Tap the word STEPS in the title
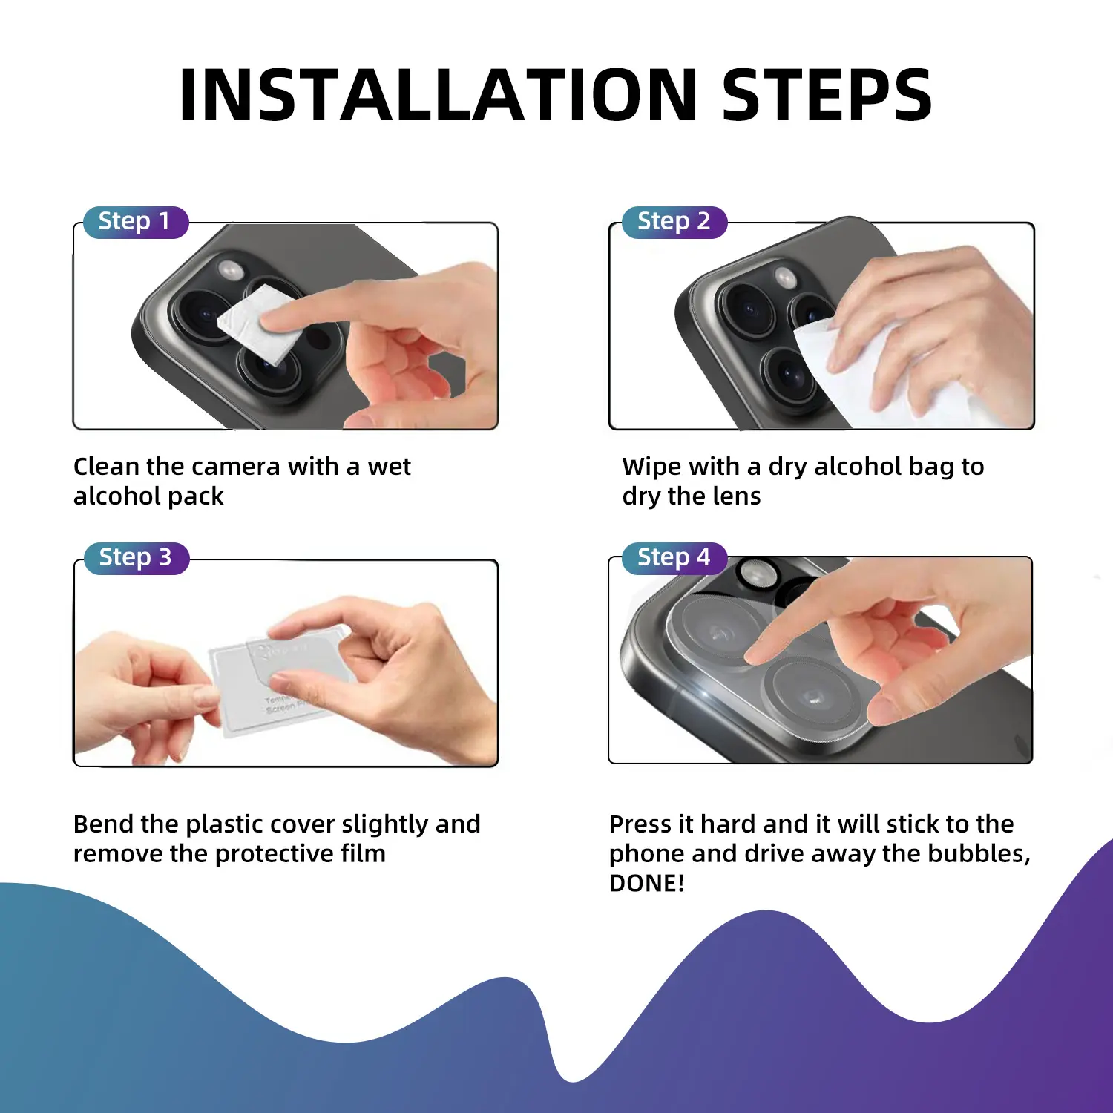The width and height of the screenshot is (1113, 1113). coord(827,94)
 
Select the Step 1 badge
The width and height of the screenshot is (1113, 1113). coord(136,222)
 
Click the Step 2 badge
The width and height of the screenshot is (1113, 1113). coord(674,222)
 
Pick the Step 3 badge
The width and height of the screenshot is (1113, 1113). coord(136,558)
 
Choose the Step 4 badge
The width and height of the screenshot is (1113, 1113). coord(674,558)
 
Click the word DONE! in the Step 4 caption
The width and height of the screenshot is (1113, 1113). coord(646,884)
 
